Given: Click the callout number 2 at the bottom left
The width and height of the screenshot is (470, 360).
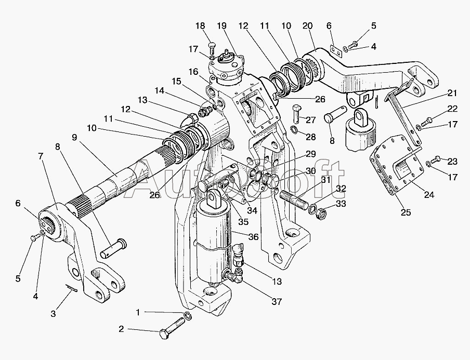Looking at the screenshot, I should [121, 329].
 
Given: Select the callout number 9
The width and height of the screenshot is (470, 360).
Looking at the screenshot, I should [74, 138].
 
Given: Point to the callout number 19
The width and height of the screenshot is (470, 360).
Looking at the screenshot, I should [222, 25].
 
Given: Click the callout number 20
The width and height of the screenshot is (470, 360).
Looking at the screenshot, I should [307, 25].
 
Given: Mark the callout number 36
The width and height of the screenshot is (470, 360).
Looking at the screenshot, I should [253, 237].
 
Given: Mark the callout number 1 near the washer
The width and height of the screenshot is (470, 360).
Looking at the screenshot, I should [137, 312].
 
